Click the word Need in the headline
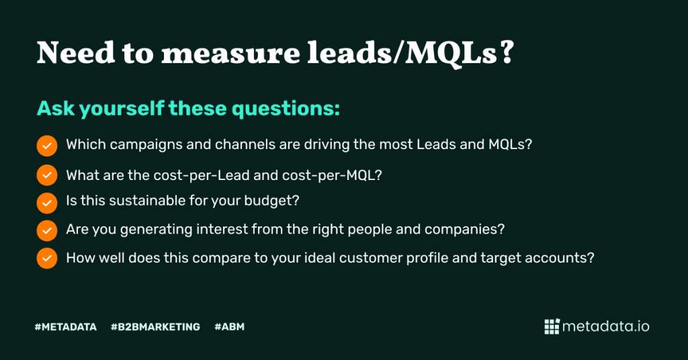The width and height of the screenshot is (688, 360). click(x=76, y=53)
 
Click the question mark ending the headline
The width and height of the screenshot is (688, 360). click(x=507, y=53)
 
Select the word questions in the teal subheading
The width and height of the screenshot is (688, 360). click(x=285, y=109)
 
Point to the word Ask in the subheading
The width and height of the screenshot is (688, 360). click(x=56, y=108)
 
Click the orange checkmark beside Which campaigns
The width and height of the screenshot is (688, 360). click(x=47, y=146)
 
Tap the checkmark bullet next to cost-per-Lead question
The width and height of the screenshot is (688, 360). click(x=47, y=175)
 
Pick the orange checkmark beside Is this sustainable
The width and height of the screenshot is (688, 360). click(x=47, y=204)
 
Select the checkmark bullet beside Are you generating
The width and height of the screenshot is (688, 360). click(x=47, y=230)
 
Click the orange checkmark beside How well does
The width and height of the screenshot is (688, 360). click(x=47, y=259)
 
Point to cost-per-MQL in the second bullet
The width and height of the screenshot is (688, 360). click(x=332, y=175)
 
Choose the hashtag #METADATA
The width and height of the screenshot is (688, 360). click(x=66, y=327)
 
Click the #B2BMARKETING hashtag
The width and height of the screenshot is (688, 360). click(x=155, y=327)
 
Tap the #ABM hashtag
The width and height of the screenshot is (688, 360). click(x=230, y=327)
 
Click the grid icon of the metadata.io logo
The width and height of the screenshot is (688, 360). click(x=552, y=326)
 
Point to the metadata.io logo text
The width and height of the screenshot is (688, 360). click(x=606, y=326)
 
